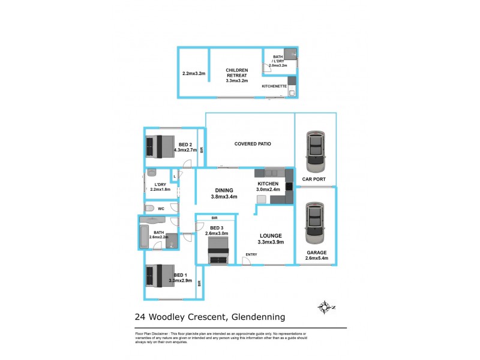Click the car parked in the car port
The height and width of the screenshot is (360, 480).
315,151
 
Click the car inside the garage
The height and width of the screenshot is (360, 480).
315,223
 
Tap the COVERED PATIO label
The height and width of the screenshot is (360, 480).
252,144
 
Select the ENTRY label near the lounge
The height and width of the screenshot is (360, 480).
250,255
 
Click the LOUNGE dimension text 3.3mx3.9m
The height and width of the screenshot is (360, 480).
271,242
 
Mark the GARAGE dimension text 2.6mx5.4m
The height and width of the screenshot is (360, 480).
316,259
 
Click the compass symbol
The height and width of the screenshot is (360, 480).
325,308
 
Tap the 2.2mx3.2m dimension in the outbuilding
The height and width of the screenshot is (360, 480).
194,74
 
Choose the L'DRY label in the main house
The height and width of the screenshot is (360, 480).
160,184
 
